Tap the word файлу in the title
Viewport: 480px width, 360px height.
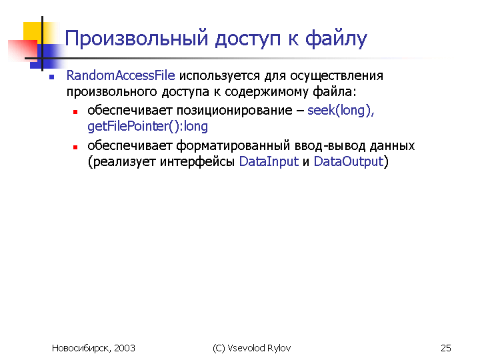pyautogui.click(x=336, y=39)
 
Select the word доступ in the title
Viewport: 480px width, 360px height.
pyautogui.click(x=247, y=40)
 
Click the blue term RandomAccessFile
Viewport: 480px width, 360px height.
pyautogui.click(x=121, y=75)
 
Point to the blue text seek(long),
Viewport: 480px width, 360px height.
pyautogui.click(x=341, y=110)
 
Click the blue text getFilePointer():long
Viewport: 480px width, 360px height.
pyautogui.click(x=147, y=126)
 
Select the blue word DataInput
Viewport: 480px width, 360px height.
pyautogui.click(x=269, y=161)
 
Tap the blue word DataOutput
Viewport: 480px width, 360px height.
pyautogui.click(x=349, y=161)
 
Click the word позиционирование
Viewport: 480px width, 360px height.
pyautogui.click(x=235, y=111)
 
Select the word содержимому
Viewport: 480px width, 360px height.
pyautogui.click(x=266, y=92)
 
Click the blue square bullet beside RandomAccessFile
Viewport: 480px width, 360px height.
pyautogui.click(x=52, y=77)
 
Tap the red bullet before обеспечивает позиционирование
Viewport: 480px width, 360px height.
pyautogui.click(x=75, y=113)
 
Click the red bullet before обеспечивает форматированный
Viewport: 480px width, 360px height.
pyautogui.click(x=75, y=147)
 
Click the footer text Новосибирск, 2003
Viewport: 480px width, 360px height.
pyautogui.click(x=93, y=348)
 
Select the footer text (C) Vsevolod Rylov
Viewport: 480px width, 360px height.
pyautogui.click(x=251, y=348)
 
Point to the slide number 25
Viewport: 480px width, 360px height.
pyautogui.click(x=446, y=348)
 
